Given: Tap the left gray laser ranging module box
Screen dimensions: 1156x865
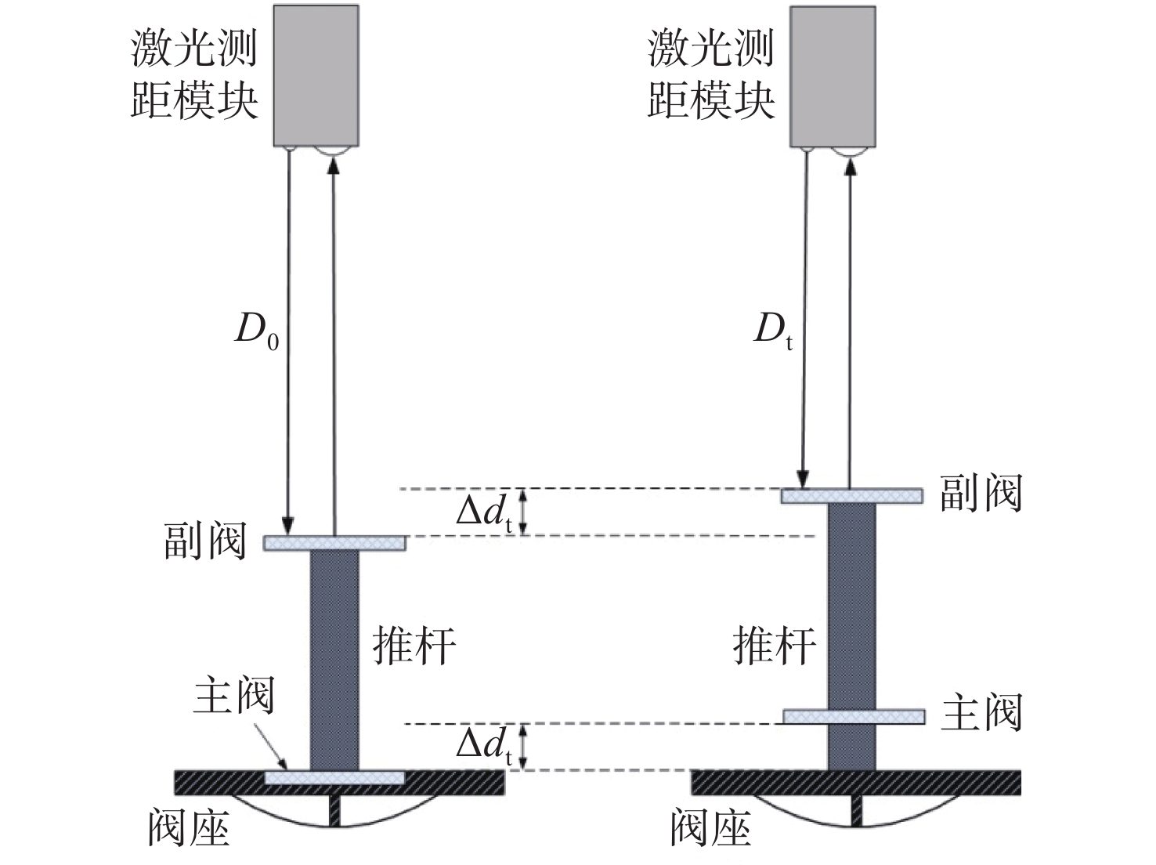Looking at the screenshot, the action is [x=316, y=75].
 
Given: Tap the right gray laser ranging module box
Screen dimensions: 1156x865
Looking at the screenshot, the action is [x=833, y=76].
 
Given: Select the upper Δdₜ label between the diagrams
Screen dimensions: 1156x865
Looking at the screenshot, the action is [x=484, y=511].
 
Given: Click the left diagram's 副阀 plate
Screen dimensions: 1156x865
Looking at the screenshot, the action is [x=334, y=543].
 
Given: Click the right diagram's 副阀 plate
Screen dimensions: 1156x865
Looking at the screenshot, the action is [x=851, y=496].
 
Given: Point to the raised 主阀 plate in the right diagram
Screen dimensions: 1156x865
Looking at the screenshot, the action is [x=854, y=716].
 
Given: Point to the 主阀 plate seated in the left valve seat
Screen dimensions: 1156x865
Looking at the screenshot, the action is [x=334, y=777].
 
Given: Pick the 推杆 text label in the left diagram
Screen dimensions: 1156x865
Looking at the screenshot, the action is [x=414, y=646].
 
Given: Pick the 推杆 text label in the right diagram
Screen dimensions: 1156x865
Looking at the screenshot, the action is [x=774, y=646].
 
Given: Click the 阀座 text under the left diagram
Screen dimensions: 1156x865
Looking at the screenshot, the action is [x=189, y=828].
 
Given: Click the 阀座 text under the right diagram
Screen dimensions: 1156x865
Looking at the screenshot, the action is [x=711, y=828].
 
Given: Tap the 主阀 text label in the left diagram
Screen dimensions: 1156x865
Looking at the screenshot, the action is [x=234, y=694].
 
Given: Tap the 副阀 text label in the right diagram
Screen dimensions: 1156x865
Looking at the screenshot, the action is [x=981, y=493].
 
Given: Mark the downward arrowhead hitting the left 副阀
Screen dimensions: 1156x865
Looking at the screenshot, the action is [x=287, y=525].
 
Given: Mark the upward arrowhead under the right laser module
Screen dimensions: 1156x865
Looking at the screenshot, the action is [x=850, y=166].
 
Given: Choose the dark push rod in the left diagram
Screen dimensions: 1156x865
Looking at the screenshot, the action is [x=334, y=661].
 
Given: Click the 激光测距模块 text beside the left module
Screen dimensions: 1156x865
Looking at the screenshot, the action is [x=194, y=74].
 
